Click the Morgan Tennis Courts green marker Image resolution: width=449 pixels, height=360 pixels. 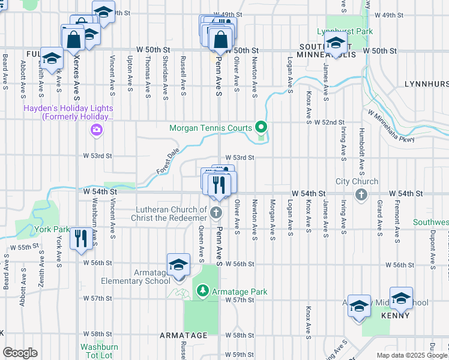261,127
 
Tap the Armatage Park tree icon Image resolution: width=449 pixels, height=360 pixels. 203,292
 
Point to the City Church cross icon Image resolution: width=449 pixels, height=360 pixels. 361,194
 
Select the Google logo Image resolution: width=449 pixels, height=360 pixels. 20,353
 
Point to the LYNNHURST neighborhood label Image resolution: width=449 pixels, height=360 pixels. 426,84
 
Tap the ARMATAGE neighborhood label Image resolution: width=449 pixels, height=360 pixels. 183,335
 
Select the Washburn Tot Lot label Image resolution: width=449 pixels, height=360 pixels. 99,351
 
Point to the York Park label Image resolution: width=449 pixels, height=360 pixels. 52,229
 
